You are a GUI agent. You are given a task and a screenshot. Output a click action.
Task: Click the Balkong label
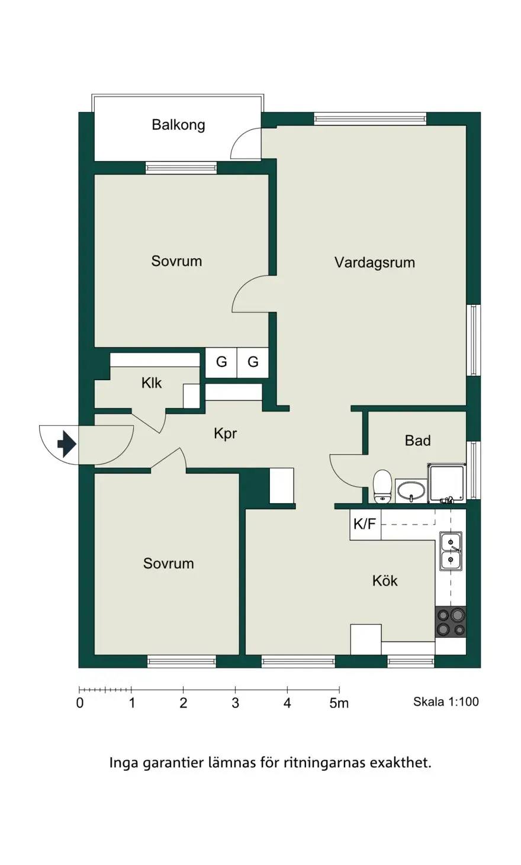coord(178,125)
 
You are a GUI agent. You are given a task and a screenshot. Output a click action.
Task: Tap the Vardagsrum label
coord(375,263)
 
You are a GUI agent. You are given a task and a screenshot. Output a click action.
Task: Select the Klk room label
coord(152,383)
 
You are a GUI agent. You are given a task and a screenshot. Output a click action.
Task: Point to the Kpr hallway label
coord(225,433)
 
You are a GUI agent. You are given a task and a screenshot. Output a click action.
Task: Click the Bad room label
coord(417,440)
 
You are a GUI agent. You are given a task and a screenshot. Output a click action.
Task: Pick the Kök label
coord(385,580)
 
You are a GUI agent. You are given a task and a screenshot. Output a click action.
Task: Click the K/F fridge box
coord(365,525)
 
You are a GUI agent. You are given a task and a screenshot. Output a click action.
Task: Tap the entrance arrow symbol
coord(67,444)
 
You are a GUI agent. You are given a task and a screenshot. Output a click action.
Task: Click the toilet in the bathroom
coord(382,486)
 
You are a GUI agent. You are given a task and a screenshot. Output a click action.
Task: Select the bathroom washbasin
coord(411,491)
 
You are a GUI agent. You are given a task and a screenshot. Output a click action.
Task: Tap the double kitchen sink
coord(451,551)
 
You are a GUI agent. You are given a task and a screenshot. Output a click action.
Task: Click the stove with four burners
coord(451,622)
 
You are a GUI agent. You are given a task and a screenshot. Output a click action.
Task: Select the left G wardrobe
coord(221,362)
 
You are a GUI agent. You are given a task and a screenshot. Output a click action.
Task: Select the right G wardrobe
coord(253,362)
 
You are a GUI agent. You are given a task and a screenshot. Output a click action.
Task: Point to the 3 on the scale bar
coord(235,703)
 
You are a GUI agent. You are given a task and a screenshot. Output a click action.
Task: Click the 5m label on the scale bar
coord(339,703)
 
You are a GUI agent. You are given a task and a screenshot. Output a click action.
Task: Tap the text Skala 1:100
coord(446,701)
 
